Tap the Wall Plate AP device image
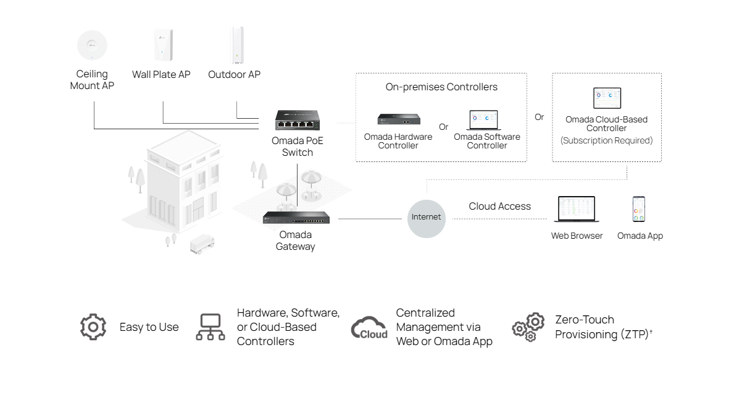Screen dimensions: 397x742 tap(163, 46)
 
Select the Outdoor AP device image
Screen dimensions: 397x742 tap(237, 45)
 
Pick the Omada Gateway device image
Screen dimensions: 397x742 tap(296, 218)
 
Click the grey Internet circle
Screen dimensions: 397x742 tap(427, 217)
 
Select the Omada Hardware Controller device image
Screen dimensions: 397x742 tap(399, 119)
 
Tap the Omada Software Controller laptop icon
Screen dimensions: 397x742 tap(487, 120)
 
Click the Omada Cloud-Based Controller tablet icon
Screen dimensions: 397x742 tap(607, 98)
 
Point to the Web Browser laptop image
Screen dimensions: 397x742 tap(577, 210)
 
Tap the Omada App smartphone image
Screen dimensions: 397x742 tap(639, 210)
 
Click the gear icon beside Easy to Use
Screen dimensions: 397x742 tap(93, 327)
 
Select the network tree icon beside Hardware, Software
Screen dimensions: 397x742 tap(211, 327)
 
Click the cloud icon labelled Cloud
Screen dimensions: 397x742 tap(370, 327)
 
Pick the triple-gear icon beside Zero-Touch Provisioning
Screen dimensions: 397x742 tap(528, 327)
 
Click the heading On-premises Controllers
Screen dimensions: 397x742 tap(441, 87)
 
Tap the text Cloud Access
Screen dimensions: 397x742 tap(499, 207)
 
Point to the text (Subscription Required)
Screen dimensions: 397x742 tap(606, 141)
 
